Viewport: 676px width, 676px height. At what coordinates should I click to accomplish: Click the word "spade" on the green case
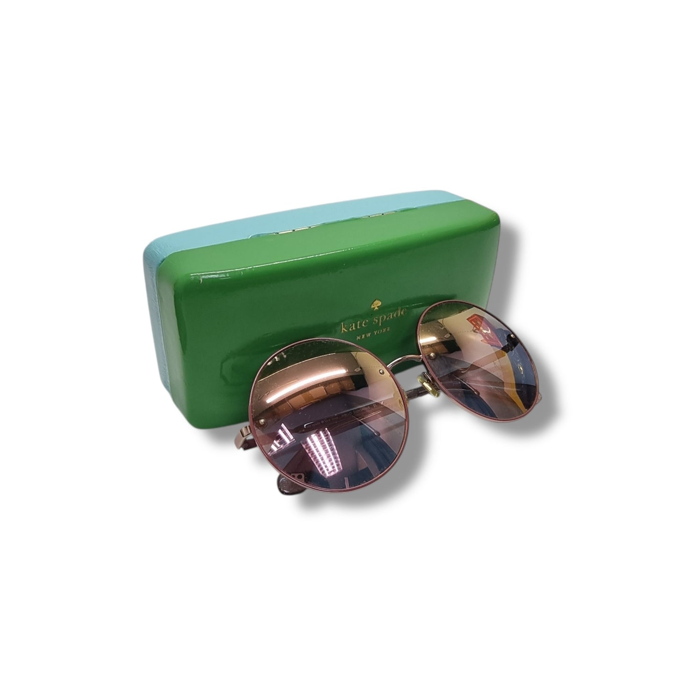(390, 317)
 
